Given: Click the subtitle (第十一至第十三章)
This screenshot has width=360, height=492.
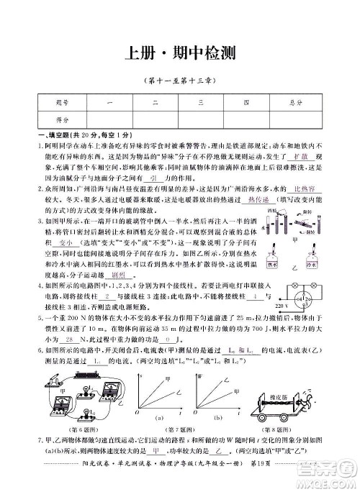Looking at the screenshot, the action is pos(179,80).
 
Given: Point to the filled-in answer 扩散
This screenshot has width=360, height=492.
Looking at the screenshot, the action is pos(282,155).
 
